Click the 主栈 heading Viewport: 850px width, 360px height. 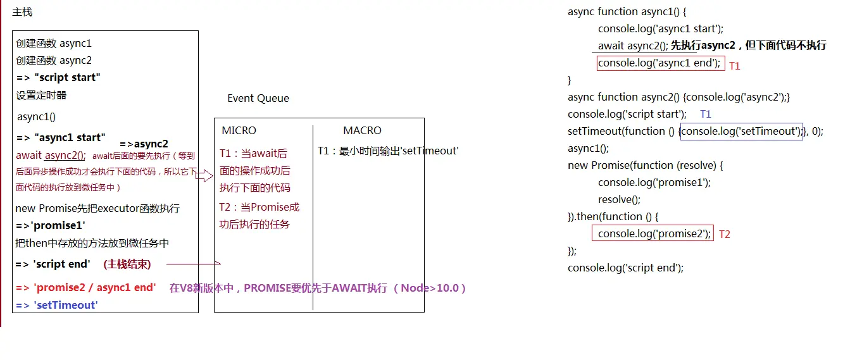click(22, 12)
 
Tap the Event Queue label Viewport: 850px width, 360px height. click(258, 98)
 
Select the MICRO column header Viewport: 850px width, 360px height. click(239, 130)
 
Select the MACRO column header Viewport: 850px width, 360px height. click(362, 130)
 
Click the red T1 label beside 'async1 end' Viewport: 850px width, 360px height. click(734, 66)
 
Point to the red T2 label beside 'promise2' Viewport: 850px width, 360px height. click(725, 234)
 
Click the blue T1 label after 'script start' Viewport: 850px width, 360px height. click(706, 114)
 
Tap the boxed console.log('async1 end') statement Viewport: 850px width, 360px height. click(659, 63)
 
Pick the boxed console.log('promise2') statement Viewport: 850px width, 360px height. click(653, 233)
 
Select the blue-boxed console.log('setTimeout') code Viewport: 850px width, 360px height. click(741, 131)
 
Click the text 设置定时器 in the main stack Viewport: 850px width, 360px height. click(41, 95)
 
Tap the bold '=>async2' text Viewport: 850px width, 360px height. click(144, 144)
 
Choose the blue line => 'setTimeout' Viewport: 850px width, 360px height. click(57, 305)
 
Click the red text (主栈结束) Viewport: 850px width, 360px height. click(127, 264)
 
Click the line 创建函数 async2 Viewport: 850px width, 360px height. click(54, 60)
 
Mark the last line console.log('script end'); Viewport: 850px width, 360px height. click(625, 268)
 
